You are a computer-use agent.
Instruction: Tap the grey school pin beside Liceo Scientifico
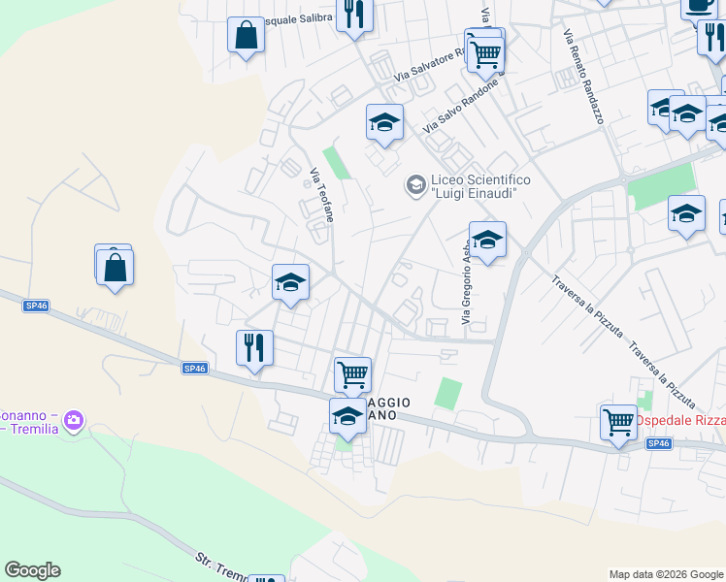416,184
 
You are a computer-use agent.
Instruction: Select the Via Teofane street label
321,196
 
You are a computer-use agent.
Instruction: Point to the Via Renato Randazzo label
582,76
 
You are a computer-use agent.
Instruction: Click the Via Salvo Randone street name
460,106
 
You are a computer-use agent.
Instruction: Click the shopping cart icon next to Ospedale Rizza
618,422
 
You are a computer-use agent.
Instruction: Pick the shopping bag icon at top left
247,36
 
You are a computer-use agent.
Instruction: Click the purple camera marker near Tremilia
75,422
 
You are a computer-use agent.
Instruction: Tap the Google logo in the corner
32,570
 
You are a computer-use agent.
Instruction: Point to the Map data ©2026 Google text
666,574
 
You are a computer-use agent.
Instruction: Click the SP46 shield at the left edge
36,307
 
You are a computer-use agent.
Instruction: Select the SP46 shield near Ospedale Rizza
658,443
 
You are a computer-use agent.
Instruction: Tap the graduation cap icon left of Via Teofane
290,282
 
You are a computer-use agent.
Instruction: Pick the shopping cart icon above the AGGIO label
352,373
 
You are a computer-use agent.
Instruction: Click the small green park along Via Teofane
336,162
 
